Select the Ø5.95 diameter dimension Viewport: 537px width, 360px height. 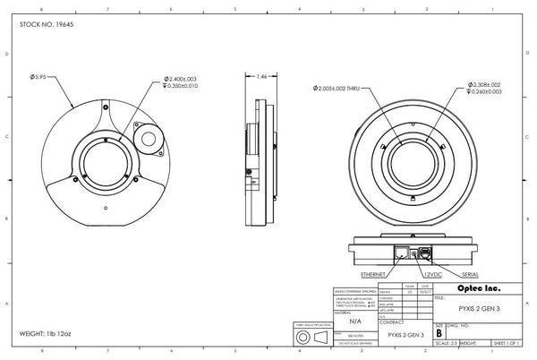pyautogui.click(x=45, y=76)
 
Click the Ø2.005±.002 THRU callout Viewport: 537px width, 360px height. pyautogui.click(x=345, y=89)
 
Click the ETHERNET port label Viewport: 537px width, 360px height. pyautogui.click(x=375, y=273)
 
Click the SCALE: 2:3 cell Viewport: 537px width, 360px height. pyautogui.click(x=444, y=342)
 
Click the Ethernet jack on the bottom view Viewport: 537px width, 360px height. pyautogui.click(x=402, y=253)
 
